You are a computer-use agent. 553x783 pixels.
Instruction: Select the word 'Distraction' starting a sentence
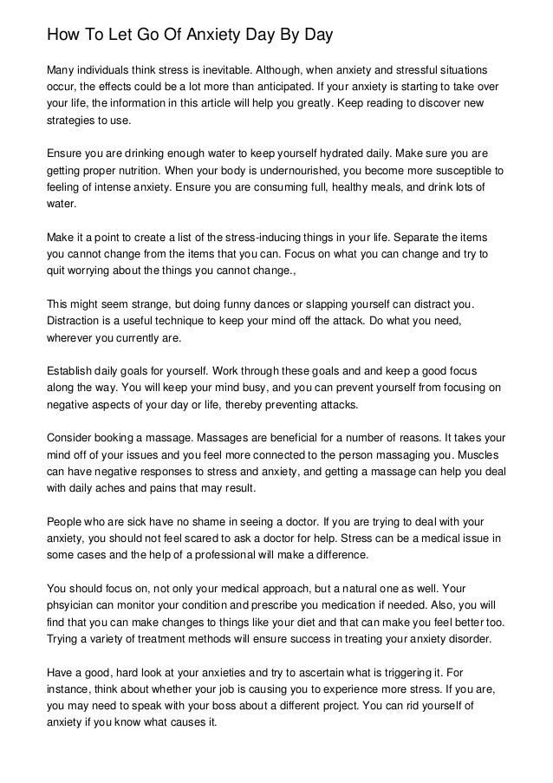pyautogui.click(x=75, y=322)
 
